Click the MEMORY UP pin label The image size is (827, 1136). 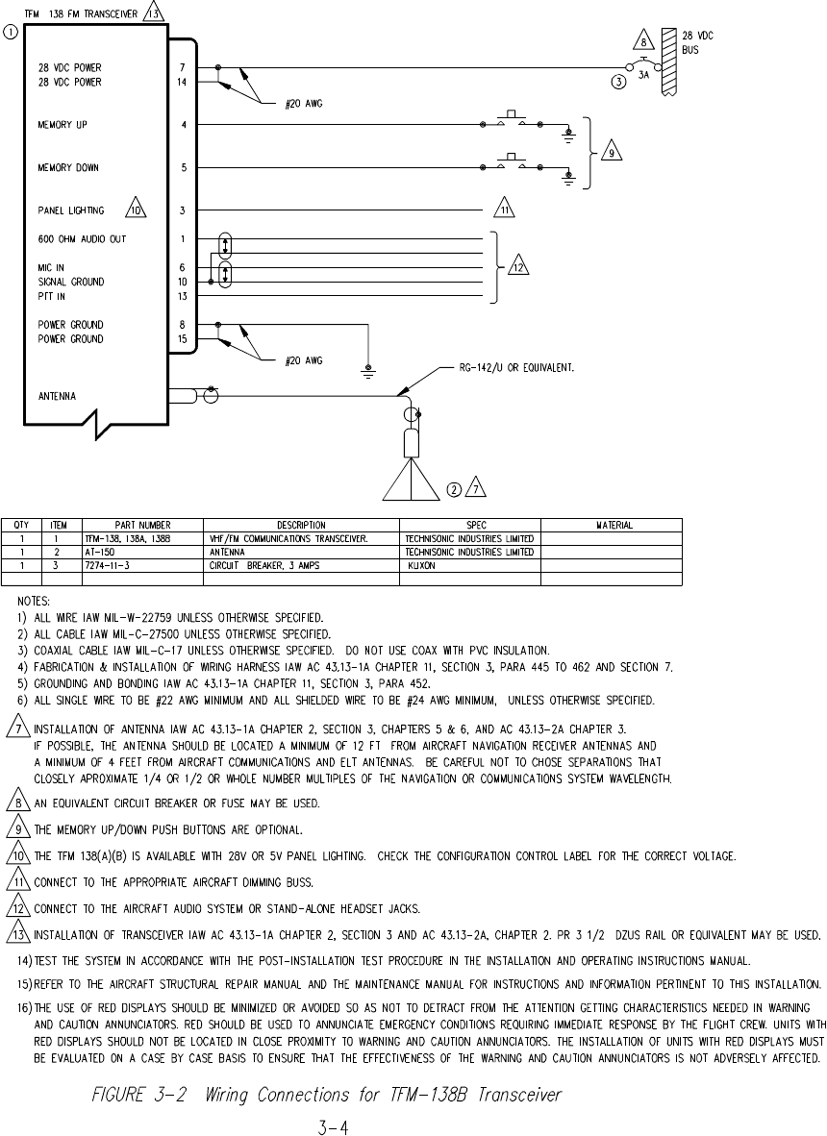pyautogui.click(x=64, y=125)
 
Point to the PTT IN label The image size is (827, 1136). pyautogui.click(x=53, y=296)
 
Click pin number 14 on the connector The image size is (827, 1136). pyautogui.click(x=182, y=83)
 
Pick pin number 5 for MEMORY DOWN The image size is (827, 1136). pyautogui.click(x=182, y=168)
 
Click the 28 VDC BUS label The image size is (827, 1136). pyautogui.click(x=697, y=42)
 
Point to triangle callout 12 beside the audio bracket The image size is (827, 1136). pyautogui.click(x=517, y=267)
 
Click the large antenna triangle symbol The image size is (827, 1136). pyautogui.click(x=411, y=480)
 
